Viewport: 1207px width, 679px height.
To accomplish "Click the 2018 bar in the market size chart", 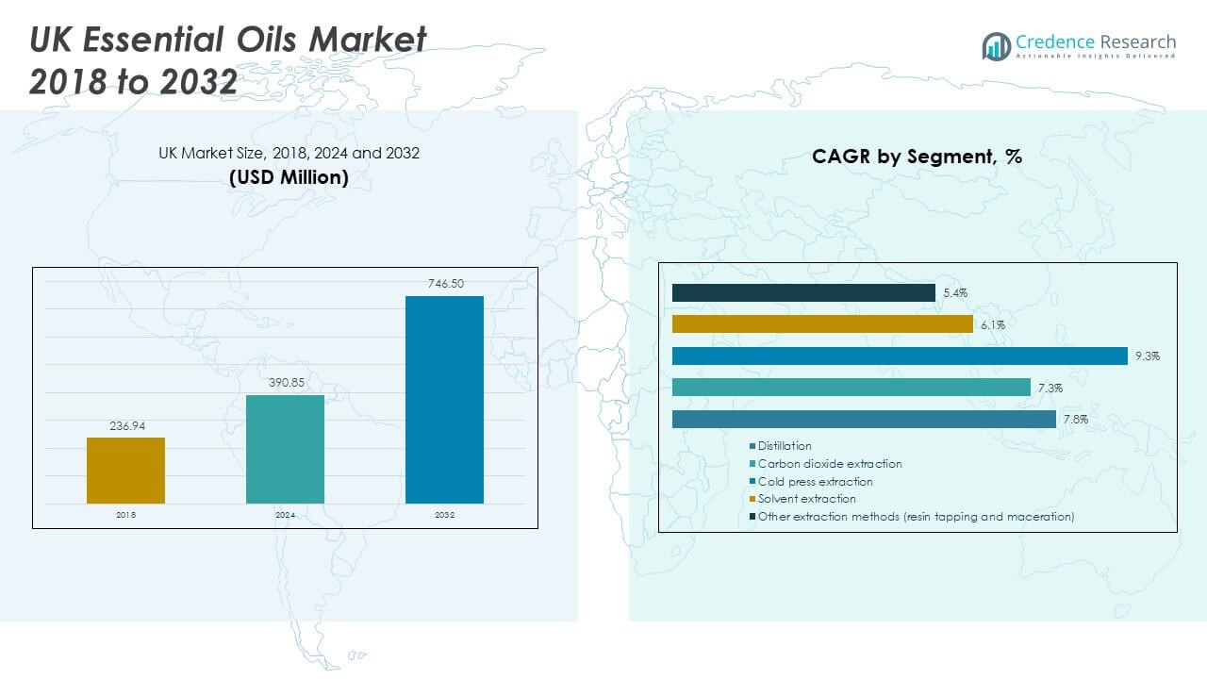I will [125, 470].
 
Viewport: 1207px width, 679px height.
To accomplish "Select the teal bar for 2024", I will [285, 449].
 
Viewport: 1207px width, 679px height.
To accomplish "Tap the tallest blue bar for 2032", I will [444, 399].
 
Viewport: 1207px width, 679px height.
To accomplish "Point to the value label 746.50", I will [444, 284].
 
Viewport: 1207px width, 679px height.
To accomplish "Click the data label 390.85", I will [285, 383].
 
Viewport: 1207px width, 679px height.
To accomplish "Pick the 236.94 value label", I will [125, 425].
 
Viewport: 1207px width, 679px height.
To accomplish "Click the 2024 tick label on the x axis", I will [285, 515].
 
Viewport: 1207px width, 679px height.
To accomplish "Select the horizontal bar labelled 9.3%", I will [900, 356].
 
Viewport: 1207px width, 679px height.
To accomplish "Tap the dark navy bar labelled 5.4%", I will [803, 293].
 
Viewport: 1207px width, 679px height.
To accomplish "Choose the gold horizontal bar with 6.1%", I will [822, 324].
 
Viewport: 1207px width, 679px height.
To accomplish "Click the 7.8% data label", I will [1076, 420].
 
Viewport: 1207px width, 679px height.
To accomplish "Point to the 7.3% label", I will [1050, 388].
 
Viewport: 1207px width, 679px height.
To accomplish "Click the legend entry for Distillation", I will [785, 446].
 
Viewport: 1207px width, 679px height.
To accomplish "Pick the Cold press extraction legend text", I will [815, 482].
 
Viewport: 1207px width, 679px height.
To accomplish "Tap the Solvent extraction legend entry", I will [806, 499].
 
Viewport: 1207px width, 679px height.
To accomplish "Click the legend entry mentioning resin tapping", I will [916, 517].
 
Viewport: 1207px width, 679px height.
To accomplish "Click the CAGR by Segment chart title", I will [917, 157].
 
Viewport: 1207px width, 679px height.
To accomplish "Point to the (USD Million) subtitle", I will [289, 176].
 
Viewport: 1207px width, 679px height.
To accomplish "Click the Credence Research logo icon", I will [996, 45].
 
